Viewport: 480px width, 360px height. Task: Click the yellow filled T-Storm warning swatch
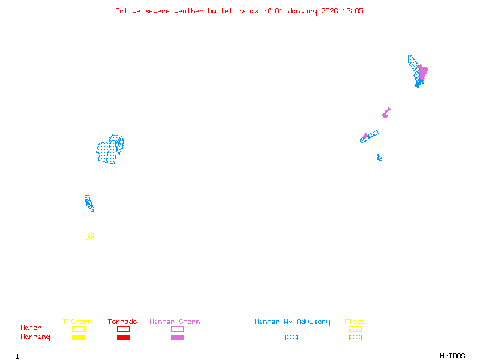coord(78,338)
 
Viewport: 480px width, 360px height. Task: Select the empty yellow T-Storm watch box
coord(78,329)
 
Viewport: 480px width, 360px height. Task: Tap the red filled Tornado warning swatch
coord(123,338)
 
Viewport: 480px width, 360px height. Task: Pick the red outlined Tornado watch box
coord(123,329)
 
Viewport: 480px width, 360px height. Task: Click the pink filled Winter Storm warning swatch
coord(177,338)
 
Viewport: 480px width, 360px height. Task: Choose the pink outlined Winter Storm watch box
coord(177,329)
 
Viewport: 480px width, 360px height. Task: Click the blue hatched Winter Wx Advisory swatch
coord(291,338)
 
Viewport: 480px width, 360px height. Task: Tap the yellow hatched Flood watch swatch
coord(355,329)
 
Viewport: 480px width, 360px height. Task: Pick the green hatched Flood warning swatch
coord(355,338)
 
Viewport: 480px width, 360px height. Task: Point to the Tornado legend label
coord(122,322)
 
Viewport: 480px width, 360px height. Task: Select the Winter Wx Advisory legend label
coord(292,322)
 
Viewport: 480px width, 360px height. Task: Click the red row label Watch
coord(31,328)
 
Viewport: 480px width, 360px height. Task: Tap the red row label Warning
coord(35,337)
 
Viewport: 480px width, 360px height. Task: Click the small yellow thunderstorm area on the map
coord(91,236)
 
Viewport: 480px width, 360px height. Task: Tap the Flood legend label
coord(355,322)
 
